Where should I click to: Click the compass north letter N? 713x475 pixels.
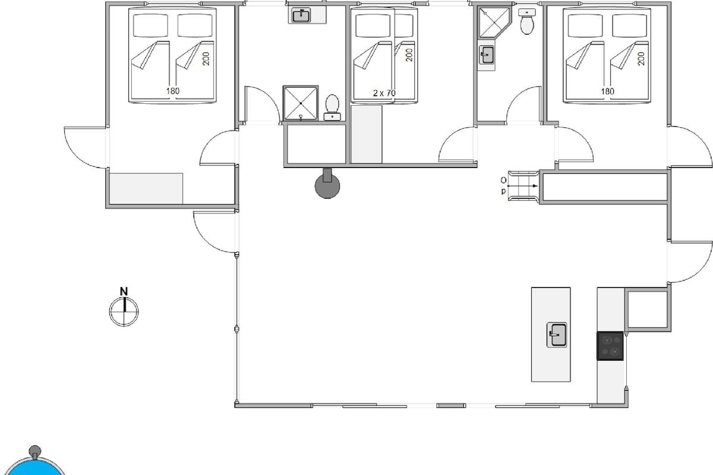[124, 291]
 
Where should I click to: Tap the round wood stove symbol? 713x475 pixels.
[327, 186]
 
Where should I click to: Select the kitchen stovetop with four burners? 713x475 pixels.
[610, 346]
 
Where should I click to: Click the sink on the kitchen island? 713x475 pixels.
[557, 335]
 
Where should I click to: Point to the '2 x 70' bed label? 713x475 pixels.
[384, 93]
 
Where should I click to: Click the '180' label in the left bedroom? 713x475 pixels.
[172, 91]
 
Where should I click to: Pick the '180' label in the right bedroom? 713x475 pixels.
[607, 91]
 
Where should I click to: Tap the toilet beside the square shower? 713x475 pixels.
[332, 107]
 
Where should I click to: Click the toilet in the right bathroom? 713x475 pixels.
[527, 21]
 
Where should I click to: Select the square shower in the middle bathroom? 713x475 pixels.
[301, 103]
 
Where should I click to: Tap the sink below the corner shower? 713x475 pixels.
[487, 55]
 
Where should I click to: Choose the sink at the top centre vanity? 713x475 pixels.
[301, 15]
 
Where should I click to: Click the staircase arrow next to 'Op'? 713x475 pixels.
[522, 186]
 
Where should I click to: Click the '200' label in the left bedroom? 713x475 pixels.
[206, 59]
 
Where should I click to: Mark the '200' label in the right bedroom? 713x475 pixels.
[641, 59]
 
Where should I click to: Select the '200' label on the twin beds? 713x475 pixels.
[409, 55]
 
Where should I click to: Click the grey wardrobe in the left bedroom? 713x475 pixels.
[146, 189]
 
